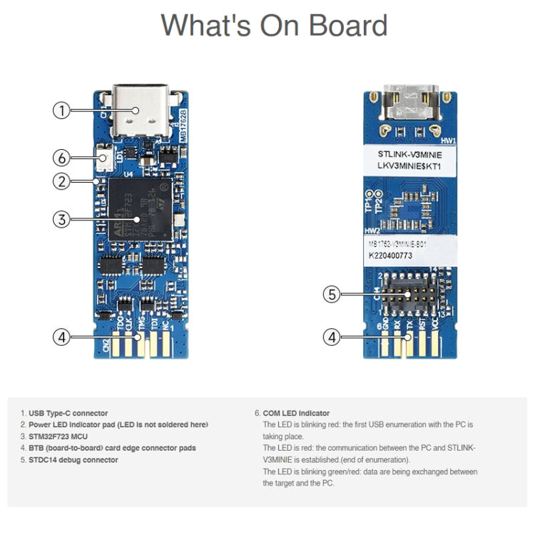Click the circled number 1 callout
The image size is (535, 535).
(62, 110)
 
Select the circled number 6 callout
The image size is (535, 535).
(62, 157)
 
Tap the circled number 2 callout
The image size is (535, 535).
(62, 181)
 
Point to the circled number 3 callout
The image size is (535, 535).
(62, 220)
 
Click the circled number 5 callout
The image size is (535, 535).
(331, 294)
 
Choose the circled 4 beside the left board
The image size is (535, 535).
(62, 337)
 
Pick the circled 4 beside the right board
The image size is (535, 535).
(331, 337)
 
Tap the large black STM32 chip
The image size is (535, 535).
(139, 208)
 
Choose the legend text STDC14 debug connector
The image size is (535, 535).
(73, 460)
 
